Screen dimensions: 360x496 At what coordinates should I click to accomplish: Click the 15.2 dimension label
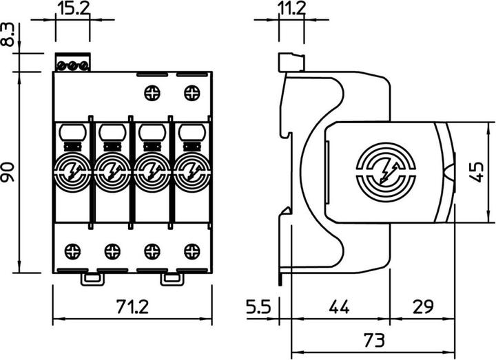point(72,10)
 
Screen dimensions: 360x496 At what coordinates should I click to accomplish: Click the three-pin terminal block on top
point(72,65)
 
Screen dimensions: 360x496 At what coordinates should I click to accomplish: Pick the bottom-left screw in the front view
point(72,250)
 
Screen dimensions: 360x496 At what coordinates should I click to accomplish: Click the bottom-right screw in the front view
point(191,250)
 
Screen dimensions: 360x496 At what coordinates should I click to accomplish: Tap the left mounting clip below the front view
point(93,278)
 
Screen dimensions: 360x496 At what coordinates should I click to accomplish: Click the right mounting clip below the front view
point(171,278)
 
